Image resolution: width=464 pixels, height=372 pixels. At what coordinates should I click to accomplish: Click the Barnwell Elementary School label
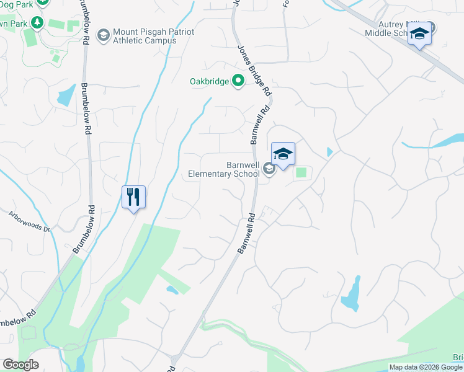pyautogui.click(x=224, y=170)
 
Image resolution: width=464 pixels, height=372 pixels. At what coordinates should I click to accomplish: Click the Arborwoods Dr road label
pyautogui.click(x=29, y=220)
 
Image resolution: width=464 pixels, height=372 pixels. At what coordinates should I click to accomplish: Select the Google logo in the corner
pyautogui.click(x=20, y=365)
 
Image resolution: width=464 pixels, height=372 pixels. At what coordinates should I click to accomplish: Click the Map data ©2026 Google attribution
pyautogui.click(x=426, y=367)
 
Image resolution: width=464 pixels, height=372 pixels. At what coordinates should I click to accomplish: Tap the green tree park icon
pyautogui.click(x=38, y=22)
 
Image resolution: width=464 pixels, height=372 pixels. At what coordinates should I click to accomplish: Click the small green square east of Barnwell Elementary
pyautogui.click(x=301, y=172)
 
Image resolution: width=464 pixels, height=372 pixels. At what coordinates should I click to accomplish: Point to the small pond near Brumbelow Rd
pyautogui.click(x=65, y=97)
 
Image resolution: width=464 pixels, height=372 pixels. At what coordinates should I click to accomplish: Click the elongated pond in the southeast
pyautogui.click(x=351, y=294)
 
